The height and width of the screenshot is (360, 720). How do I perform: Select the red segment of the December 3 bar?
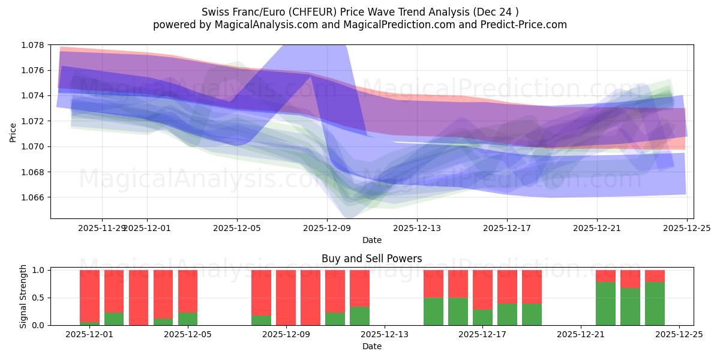pos(139,297)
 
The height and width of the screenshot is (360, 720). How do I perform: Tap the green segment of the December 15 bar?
pos(458,311)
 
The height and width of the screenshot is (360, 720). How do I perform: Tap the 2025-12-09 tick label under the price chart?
pos(327,228)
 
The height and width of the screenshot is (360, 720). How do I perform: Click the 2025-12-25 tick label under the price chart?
pos(687,228)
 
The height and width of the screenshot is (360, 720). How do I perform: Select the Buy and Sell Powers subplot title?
pos(371,259)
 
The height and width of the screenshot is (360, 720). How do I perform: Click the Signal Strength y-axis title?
pos(23,296)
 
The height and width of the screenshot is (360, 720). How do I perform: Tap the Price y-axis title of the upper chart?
pos(13,131)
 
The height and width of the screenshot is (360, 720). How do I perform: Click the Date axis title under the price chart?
pos(371,240)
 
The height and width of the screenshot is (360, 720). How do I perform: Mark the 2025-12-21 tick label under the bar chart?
pos(581,335)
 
